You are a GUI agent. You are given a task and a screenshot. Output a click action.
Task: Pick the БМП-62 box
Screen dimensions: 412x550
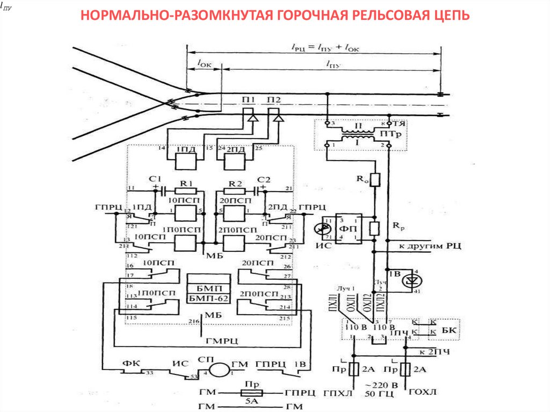(x=209, y=298)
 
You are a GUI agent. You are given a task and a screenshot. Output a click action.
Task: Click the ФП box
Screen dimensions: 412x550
(x=349, y=228)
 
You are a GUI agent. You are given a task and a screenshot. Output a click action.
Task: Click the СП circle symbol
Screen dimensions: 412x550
(x=219, y=370)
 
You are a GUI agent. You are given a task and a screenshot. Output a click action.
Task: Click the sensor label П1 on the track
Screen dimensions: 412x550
(x=249, y=100)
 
